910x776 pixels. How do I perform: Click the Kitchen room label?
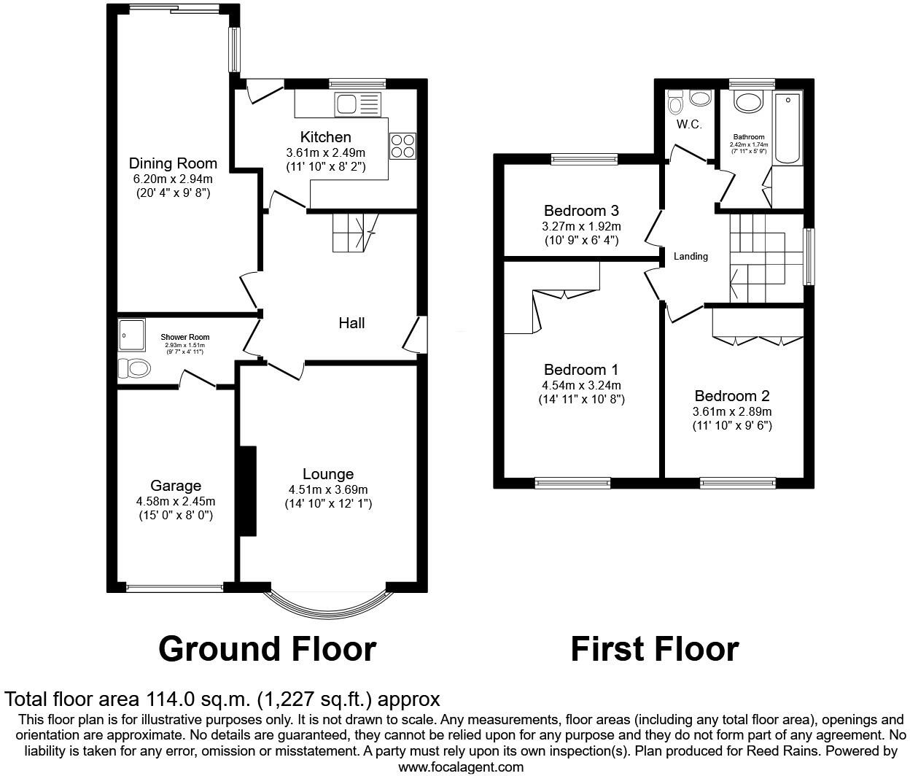coord(325,137)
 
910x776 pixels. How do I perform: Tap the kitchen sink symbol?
coord(357,104)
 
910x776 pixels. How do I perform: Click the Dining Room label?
coord(173,163)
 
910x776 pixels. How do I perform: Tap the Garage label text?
coord(176,486)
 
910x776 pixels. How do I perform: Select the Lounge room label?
coord(328,474)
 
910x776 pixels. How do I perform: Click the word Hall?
coord(351,322)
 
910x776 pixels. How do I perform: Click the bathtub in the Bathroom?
coord(787,128)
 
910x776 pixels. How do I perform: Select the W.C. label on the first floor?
coord(688,125)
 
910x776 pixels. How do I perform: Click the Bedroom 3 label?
coord(581,211)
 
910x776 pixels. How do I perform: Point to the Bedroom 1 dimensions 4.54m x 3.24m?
coord(581,385)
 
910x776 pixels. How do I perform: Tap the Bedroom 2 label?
coord(732,396)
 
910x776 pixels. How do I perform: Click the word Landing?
coord(690,256)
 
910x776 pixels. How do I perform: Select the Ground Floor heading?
coord(267,648)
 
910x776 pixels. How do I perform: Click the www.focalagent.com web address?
coord(461,767)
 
